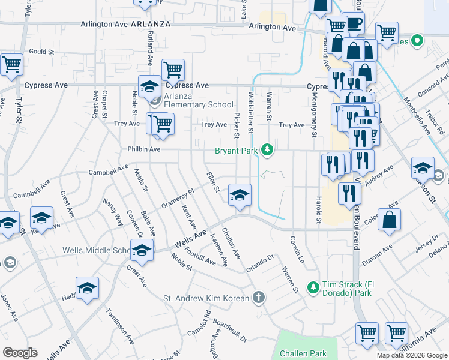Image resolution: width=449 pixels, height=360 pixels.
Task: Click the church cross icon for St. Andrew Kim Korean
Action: (258, 297)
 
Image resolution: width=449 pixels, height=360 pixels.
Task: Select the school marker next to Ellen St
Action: (240, 196)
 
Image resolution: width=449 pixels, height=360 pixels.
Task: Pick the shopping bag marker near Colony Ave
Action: (390, 220)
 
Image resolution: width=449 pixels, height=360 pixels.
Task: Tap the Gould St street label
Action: (42, 52)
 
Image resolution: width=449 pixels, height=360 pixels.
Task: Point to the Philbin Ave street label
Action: (143, 149)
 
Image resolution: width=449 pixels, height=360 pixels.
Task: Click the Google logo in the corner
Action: (20, 353)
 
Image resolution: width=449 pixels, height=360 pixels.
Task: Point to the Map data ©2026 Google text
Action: (411, 355)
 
